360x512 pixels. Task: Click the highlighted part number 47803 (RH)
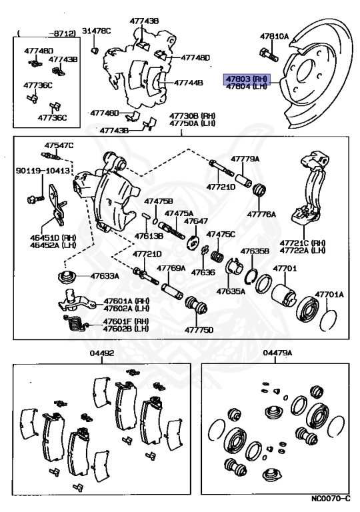pos(247,79)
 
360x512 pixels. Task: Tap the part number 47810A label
pos(275,37)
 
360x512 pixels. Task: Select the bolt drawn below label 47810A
pos(269,55)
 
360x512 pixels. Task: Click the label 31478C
pos(96,31)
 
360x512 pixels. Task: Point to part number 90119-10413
pos(43,171)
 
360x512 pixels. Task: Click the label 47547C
pos(59,145)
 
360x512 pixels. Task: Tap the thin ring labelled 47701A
pos(328,320)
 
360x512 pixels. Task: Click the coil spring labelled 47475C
pos(217,256)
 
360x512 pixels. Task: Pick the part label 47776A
pos(261,214)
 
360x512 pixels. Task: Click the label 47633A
pos(105,276)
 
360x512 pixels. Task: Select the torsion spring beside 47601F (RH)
pos(76,324)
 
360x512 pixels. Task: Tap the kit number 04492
pos(102,353)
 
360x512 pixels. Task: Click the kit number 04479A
pos(277,353)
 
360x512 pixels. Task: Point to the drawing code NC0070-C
pos(330,498)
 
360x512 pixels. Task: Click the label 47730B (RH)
pos(193,116)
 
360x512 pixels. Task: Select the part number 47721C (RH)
pos(303,243)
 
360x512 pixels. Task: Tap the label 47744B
pos(188,83)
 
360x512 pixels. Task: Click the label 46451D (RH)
pos(53,237)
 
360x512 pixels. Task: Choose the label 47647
pos(196,221)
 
